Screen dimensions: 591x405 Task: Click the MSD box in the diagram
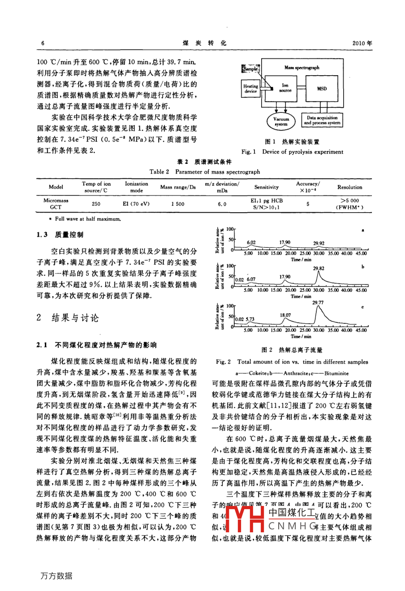coord(322,89)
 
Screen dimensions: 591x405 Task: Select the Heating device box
coord(250,89)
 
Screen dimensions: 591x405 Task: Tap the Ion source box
coord(285,88)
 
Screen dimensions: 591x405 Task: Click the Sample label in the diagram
coord(250,69)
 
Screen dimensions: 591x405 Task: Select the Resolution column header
coord(349,187)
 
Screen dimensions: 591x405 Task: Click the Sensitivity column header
coord(267,187)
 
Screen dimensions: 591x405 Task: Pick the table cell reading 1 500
coord(177,204)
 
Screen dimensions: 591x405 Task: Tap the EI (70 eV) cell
coord(136,204)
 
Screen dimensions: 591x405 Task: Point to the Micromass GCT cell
coord(56,204)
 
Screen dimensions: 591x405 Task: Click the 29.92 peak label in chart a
coord(319,244)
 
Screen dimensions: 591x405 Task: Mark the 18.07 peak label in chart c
coord(285,315)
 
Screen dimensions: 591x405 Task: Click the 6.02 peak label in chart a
coord(251,243)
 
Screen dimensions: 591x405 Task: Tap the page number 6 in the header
coord(43,43)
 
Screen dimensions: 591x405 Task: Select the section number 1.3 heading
coord(43,235)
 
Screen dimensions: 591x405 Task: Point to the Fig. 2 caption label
coord(223,362)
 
